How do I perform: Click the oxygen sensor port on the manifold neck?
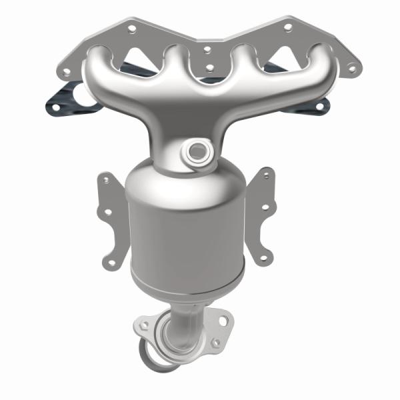coord(198,151)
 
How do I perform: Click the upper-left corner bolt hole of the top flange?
coord(131,29)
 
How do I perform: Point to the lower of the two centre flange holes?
coord(211,67)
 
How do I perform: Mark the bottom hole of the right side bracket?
coord(263,255)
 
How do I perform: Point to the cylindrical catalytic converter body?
coord(187,227)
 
